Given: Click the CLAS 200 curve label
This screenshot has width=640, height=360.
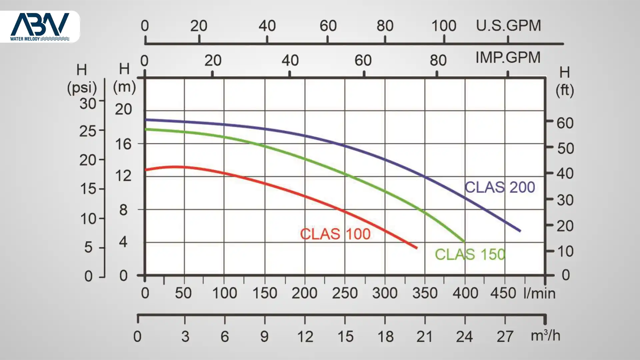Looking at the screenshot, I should click(500, 187).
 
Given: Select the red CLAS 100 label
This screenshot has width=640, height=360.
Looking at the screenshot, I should click(335, 234).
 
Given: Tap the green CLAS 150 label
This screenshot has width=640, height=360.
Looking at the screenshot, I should click(470, 255).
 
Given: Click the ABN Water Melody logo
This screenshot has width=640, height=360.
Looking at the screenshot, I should click(40, 27).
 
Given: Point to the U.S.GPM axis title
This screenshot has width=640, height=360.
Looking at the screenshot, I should click(508, 26).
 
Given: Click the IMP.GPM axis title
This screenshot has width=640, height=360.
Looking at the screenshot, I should click(508, 58).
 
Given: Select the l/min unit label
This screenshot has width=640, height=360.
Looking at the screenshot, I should click(539, 293).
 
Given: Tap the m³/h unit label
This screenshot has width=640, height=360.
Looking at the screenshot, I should click(545, 336).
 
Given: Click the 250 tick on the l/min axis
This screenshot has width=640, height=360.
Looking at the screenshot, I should click(345, 293).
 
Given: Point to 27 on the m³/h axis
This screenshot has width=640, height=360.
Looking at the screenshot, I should click(505, 337).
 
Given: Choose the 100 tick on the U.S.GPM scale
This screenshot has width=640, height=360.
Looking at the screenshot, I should click(444, 26).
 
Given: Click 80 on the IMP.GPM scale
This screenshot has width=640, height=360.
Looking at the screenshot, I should click(438, 61).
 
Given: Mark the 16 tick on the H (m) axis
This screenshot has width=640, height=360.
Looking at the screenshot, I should click(123, 144).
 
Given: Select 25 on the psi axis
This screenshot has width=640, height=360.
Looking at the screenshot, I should click(88, 131).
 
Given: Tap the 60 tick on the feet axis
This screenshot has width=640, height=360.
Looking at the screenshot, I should click(565, 123).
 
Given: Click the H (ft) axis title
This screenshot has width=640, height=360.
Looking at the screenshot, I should click(565, 81).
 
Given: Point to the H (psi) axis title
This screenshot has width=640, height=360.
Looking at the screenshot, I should click(82, 79).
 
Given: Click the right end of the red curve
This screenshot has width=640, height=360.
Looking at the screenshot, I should click(417, 248).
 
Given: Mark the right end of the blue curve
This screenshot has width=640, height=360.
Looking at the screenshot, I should click(520, 231).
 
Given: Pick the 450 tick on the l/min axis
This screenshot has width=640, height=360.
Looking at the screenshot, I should click(503, 293).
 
